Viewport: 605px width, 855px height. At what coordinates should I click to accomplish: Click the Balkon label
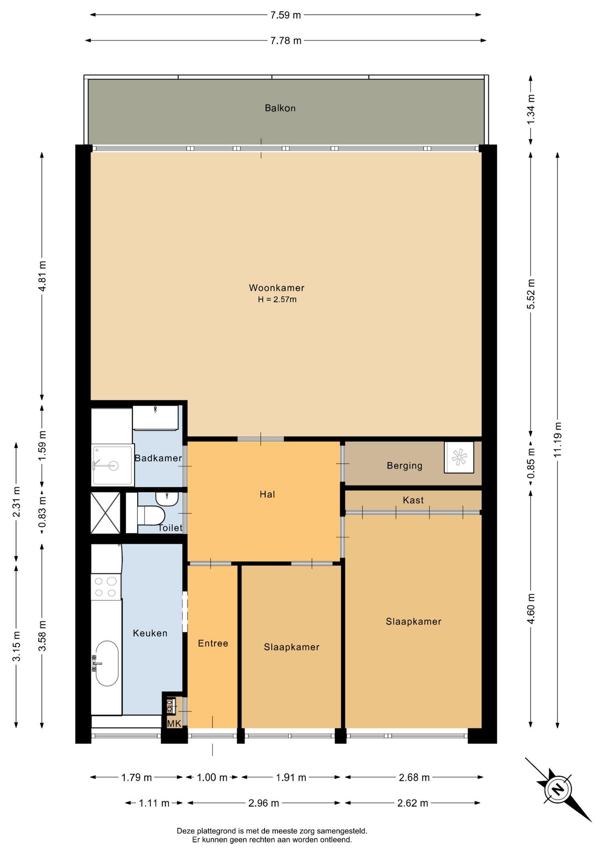280,108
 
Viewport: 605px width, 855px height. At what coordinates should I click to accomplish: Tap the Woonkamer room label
276,288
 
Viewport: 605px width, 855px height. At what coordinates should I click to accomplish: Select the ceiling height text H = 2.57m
277,300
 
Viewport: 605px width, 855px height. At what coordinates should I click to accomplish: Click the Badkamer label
158,458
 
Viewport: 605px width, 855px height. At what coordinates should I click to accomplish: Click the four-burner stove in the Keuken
106,587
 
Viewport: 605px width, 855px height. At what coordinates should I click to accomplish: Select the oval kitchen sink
107,664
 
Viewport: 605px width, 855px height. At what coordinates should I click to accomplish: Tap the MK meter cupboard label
174,724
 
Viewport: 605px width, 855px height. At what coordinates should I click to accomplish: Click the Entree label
213,643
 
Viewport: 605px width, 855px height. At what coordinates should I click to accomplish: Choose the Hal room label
267,494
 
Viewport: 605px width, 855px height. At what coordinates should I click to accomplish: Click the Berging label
405,466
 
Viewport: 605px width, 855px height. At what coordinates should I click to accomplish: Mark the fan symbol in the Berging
459,457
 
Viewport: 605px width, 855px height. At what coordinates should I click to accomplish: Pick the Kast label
413,500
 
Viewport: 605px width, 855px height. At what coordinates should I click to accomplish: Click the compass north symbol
557,790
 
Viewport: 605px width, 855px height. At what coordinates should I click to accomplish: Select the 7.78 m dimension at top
286,41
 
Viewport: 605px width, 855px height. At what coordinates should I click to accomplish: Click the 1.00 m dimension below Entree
212,778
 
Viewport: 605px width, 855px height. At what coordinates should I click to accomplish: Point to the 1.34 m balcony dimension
531,110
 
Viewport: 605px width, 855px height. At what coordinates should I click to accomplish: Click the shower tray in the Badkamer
112,465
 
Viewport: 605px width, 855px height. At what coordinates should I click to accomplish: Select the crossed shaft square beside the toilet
106,513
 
